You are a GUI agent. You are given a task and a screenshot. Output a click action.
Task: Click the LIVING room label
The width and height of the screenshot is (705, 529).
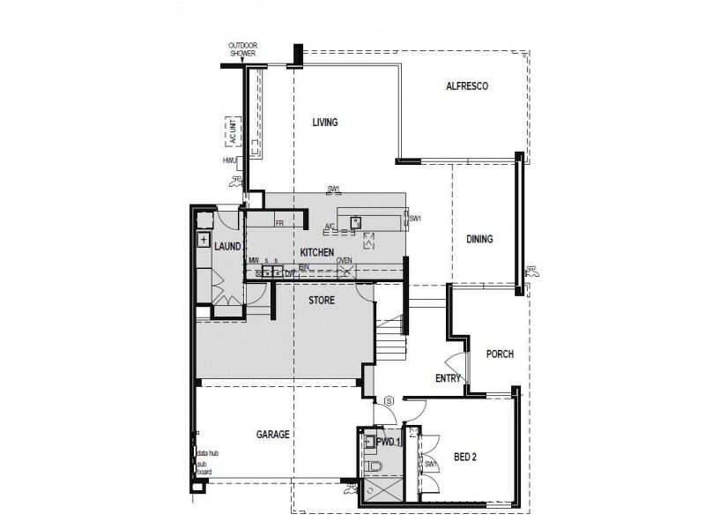tap(325, 123)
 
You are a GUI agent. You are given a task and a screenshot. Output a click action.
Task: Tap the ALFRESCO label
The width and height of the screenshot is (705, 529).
tap(467, 86)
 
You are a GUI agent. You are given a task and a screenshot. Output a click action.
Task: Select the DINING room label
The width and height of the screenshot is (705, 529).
tap(479, 239)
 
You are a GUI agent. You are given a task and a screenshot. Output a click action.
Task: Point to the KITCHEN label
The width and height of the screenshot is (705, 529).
tap(316, 253)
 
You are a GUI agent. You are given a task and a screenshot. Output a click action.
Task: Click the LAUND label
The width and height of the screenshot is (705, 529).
tap(227, 247)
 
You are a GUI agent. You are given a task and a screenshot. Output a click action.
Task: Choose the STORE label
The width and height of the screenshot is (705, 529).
tap(322, 301)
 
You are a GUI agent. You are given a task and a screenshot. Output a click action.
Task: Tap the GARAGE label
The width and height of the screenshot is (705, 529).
tap(273, 435)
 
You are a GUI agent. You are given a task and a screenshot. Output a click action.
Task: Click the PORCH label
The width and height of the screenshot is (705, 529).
tap(500, 354)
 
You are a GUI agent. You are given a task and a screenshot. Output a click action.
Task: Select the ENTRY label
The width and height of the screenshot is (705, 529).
tap(449, 378)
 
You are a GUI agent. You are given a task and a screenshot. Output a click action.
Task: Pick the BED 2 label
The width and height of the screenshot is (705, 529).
tap(466, 457)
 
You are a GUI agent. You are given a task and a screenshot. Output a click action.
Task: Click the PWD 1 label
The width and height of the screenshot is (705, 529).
tap(388, 442)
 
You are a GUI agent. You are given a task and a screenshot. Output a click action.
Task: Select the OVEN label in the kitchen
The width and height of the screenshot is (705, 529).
tap(344, 261)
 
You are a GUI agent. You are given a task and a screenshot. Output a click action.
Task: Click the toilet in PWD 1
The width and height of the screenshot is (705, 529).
tap(373, 465)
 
